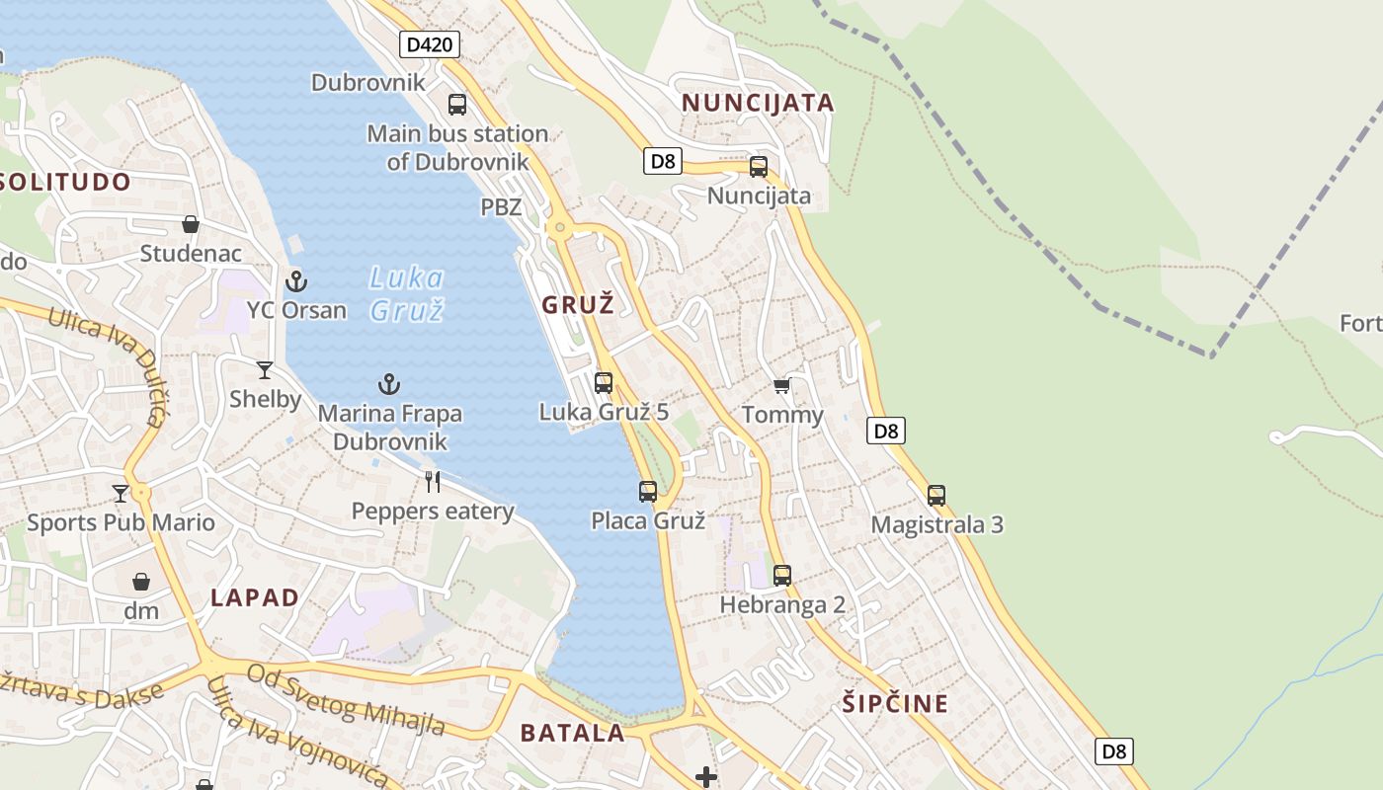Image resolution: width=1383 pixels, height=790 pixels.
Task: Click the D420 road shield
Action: tap(431, 44)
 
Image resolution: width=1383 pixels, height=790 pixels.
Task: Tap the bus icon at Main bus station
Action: tap(457, 105)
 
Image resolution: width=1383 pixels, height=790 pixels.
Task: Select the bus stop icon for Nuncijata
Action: tap(759, 167)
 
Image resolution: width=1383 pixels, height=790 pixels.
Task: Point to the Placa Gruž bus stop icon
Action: tap(648, 492)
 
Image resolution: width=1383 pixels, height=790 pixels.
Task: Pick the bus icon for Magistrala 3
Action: tap(936, 496)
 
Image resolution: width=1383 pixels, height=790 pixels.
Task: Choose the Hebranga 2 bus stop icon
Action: tap(782, 575)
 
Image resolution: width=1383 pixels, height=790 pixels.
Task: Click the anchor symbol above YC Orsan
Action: tap(296, 281)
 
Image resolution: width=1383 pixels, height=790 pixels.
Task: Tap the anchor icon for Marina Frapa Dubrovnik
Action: tap(390, 384)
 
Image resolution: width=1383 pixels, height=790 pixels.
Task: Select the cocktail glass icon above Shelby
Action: tap(265, 370)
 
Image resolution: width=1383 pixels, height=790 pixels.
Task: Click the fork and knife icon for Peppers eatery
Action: tap(433, 482)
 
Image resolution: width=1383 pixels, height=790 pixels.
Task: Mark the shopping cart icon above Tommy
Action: tap(782, 386)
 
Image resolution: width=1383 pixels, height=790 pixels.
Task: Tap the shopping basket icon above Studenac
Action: tap(191, 225)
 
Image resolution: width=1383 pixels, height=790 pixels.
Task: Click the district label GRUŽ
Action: tap(578, 304)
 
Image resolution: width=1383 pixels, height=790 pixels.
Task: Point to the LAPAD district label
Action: tap(255, 597)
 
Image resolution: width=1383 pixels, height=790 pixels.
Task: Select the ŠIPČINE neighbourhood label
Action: tap(896, 704)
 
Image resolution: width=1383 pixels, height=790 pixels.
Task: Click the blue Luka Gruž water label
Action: tap(407, 293)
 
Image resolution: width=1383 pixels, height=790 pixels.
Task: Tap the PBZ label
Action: tap(501, 207)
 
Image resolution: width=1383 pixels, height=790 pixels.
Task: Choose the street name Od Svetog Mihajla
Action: tap(346, 700)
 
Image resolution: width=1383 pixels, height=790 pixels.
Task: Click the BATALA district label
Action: tap(573, 733)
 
